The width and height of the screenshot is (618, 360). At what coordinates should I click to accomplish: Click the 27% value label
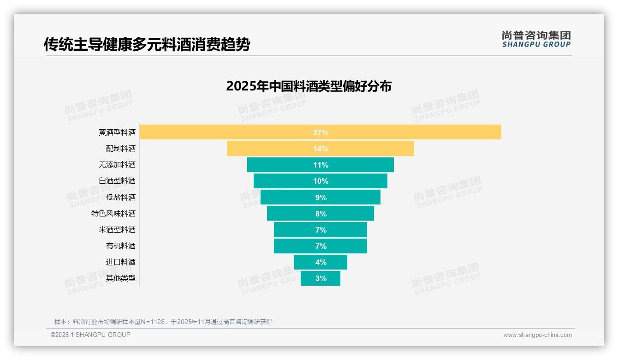pos(321,132)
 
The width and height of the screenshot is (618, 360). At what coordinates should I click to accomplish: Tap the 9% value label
pos(321,198)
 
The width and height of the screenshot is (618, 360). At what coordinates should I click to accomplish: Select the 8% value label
pos(321,214)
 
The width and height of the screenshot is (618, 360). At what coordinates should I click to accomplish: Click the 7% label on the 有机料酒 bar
pos(321,246)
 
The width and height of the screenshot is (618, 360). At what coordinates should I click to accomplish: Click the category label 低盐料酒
pos(121,198)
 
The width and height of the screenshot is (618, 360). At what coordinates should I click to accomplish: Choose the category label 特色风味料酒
pos(113,214)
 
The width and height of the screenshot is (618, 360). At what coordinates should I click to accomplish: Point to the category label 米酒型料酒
pos(117,230)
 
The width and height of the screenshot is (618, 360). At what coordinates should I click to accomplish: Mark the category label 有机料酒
pos(121,246)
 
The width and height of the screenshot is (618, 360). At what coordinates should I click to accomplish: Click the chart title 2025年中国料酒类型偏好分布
pos(309,86)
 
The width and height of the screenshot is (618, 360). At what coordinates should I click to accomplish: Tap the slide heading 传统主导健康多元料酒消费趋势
pos(147,44)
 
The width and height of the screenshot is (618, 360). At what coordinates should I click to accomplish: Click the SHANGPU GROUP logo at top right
pos(536,39)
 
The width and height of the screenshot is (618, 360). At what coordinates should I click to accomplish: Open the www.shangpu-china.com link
pos(537,335)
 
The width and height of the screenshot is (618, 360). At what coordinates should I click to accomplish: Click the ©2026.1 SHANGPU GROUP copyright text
pos(90,335)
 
